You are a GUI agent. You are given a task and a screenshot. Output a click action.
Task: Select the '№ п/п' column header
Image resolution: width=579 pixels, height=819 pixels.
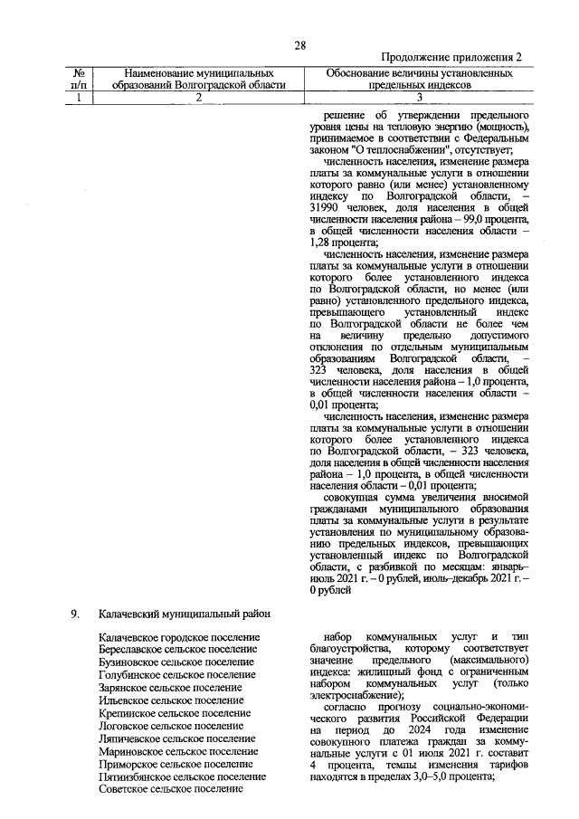coord(82,78)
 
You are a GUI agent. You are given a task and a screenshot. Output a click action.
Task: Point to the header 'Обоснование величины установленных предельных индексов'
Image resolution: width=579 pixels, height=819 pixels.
coord(419,78)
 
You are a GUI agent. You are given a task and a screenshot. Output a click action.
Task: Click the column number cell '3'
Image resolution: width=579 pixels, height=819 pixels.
coord(419,98)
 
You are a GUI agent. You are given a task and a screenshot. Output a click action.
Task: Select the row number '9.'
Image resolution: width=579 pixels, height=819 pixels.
coord(77,614)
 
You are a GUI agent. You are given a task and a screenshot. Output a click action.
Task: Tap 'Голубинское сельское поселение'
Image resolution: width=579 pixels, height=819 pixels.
coord(176,675)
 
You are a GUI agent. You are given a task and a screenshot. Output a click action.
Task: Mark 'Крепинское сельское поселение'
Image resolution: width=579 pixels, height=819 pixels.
coord(175,713)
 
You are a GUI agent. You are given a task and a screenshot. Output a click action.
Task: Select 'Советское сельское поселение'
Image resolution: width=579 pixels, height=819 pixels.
coord(171,789)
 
